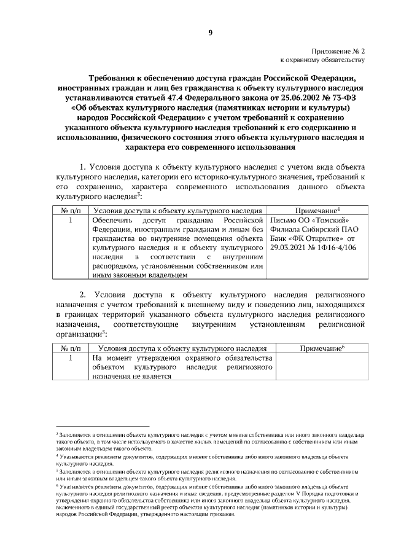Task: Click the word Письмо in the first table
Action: [285, 220]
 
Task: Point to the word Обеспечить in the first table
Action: [114, 220]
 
